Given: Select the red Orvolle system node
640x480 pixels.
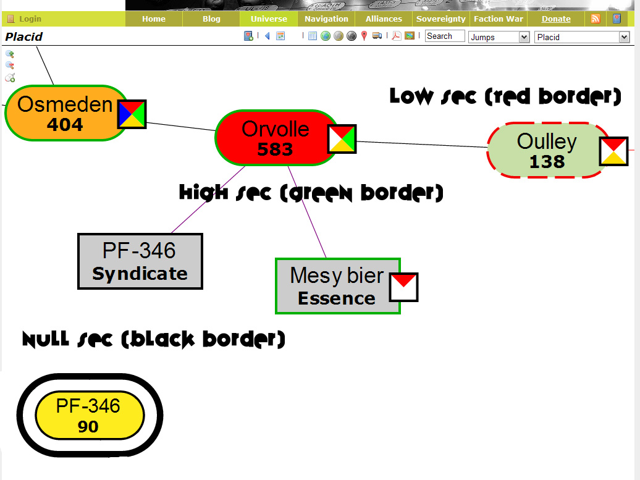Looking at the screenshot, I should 275,138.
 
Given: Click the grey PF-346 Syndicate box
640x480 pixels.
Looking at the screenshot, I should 140,261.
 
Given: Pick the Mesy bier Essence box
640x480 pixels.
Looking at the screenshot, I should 337,286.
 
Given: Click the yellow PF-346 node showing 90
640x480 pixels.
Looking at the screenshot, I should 89,415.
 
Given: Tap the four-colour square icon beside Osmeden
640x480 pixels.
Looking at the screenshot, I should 132,114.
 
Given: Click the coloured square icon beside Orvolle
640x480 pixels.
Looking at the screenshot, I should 342,139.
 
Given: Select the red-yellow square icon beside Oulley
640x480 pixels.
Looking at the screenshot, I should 613,151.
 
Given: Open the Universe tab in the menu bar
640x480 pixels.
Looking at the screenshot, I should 269,19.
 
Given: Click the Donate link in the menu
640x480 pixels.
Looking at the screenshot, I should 556,19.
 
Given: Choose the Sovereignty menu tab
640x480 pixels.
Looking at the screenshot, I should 440,19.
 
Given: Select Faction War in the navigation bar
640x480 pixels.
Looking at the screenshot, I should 498,19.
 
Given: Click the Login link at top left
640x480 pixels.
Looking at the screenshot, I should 30,19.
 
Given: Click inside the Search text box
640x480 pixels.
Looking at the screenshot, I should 444,36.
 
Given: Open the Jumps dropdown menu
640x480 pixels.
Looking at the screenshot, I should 499,37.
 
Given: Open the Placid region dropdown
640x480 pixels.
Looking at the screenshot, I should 581,37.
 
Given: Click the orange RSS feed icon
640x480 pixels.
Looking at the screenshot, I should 596,19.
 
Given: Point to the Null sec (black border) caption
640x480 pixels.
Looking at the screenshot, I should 154,339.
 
